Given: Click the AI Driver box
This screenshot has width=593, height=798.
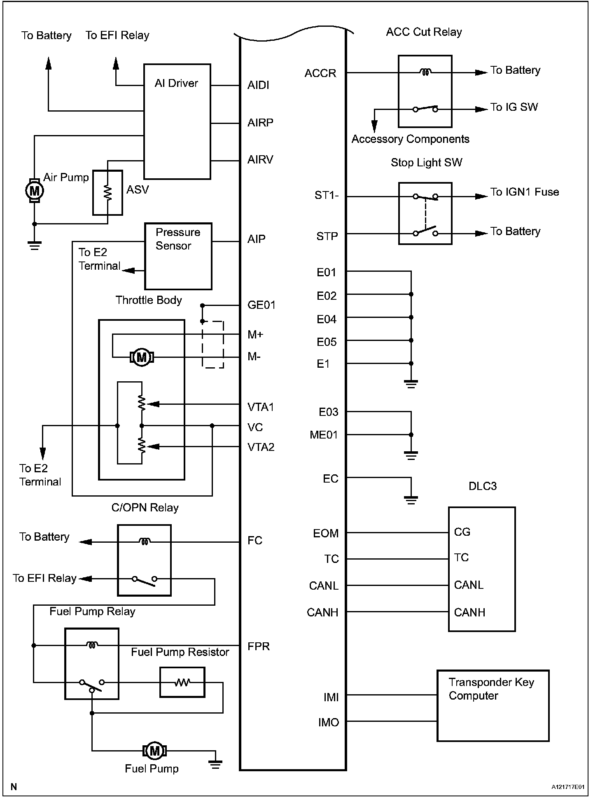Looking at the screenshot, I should click(177, 121).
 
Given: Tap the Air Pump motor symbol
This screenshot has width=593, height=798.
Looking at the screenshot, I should click(35, 191).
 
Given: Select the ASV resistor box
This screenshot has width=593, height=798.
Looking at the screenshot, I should click(107, 192).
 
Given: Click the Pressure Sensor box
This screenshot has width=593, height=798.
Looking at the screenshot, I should click(178, 256).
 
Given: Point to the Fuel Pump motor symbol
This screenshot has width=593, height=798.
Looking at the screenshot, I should click(154, 751).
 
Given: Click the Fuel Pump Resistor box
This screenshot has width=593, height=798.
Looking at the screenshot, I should click(182, 682).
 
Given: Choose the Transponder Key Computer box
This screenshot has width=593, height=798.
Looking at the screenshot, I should click(493, 706).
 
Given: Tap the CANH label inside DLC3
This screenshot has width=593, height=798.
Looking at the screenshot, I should click(469, 612).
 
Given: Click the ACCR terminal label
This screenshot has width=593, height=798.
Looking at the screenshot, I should click(320, 73).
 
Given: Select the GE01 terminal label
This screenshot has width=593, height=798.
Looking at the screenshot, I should click(261, 305).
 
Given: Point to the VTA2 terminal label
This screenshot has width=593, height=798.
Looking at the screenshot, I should click(261, 447).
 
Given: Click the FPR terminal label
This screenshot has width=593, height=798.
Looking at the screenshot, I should click(259, 646).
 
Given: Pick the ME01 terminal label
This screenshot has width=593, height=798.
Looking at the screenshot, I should click(324, 435).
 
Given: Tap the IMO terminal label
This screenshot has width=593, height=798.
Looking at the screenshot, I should click(328, 723).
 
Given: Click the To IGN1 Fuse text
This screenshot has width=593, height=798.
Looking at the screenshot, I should click(524, 192).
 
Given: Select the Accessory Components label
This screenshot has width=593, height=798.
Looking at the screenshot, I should click(410, 139).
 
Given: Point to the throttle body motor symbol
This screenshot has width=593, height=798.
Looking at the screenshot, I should click(142, 357).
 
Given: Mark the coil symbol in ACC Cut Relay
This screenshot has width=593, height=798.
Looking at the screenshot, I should click(425, 72).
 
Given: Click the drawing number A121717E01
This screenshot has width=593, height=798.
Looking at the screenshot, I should click(568, 786).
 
